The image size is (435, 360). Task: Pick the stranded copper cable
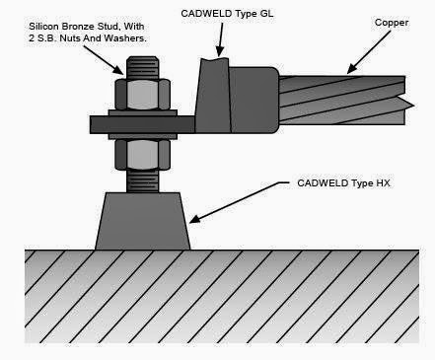click(x=345, y=94)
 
